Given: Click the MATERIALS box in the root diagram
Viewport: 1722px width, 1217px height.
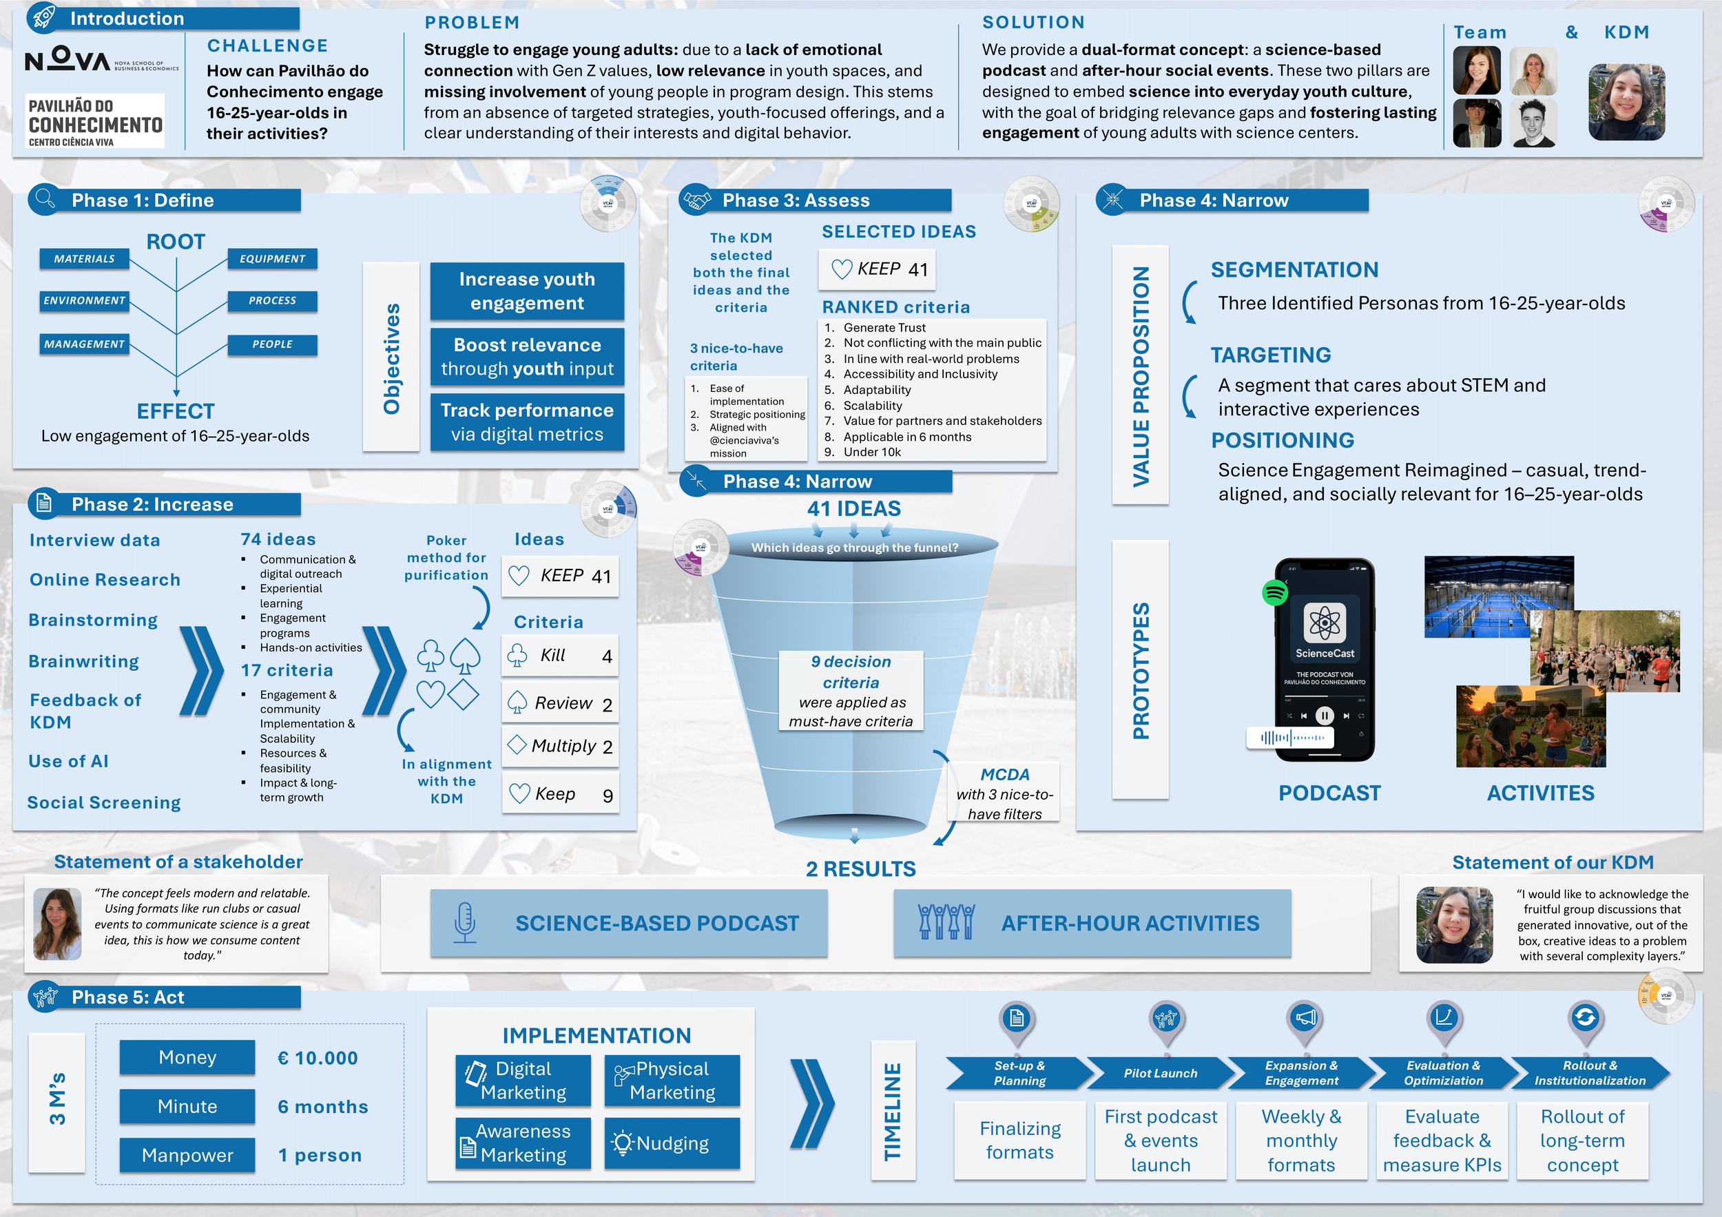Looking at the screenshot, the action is (x=84, y=259).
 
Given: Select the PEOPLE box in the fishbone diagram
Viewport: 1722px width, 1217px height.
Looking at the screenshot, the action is (x=272, y=344).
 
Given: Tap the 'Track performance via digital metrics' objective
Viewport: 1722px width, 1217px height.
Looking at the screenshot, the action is (x=526, y=422).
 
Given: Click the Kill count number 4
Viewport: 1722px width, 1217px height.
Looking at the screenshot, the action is (x=607, y=657).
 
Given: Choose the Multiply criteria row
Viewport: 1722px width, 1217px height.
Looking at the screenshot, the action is (x=559, y=746).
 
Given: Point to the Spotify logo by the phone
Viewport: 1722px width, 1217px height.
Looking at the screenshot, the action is (x=1275, y=592).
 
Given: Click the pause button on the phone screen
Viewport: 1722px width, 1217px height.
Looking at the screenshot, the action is (x=1325, y=716).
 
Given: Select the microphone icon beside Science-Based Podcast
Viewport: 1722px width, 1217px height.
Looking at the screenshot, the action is (x=465, y=922).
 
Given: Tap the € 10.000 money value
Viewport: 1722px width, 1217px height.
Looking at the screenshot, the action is (x=318, y=1058).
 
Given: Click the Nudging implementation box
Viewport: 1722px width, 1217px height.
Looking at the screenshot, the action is (x=672, y=1143).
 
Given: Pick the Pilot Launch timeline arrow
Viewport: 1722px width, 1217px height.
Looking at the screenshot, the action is (x=1160, y=1073).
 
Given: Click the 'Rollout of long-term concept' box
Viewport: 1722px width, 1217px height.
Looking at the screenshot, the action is (x=1582, y=1140).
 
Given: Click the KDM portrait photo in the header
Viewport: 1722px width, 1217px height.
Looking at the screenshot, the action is (x=1626, y=102).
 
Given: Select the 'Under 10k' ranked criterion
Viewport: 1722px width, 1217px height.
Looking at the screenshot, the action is (x=871, y=453).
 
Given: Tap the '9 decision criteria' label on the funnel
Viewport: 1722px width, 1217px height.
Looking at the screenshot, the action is (x=851, y=672).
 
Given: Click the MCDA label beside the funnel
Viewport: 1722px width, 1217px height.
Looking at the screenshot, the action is (x=1004, y=775).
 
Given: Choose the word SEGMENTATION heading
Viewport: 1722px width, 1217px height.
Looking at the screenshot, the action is (x=1294, y=270).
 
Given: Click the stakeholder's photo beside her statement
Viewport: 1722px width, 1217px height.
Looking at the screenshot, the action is (x=58, y=924).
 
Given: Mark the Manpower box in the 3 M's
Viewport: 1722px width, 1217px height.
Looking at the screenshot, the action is (x=187, y=1155).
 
